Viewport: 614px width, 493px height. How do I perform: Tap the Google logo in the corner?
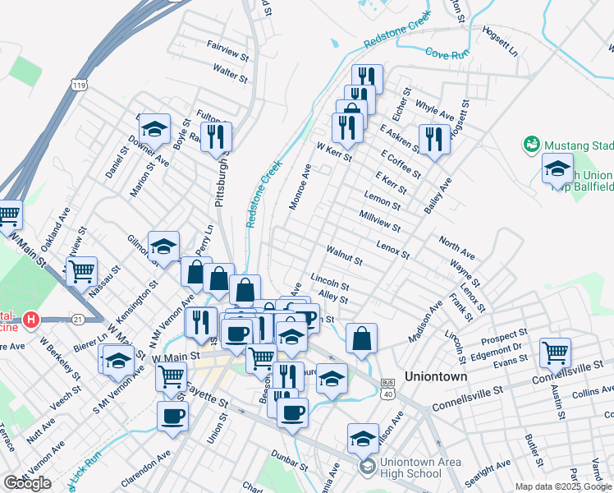26,483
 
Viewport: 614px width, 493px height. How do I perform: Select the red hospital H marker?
31,318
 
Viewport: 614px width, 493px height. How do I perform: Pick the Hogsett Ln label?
501,43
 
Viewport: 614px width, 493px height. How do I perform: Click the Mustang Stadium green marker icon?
532,145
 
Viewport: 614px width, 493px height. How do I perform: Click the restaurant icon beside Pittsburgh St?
217,136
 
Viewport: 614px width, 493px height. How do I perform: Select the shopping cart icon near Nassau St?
80,270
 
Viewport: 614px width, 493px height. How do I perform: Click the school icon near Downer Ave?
153,128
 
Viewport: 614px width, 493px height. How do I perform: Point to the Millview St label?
379,220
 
